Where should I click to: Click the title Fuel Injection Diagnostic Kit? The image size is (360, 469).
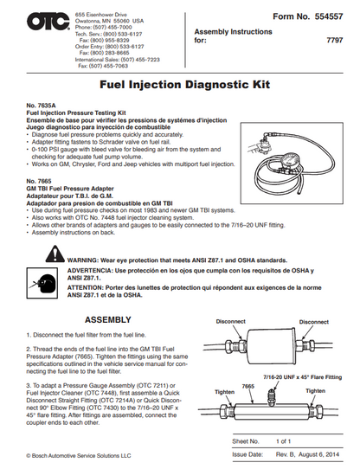[180, 87]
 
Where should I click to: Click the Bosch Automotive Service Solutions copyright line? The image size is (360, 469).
[78, 454]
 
